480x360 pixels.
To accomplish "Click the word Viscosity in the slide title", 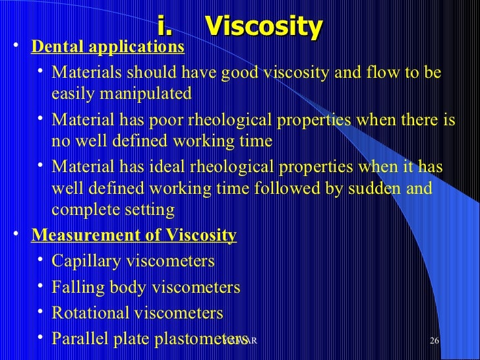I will coord(263,26).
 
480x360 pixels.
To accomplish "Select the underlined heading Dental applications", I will coord(108,47).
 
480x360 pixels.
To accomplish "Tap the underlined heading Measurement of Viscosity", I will coord(134,235).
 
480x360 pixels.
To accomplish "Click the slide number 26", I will coord(434,340).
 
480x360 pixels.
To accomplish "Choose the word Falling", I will coord(76,287).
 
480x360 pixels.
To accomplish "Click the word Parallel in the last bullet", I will coord(77,339).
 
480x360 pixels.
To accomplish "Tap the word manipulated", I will coord(146,94).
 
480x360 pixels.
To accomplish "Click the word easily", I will coord(72,94).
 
